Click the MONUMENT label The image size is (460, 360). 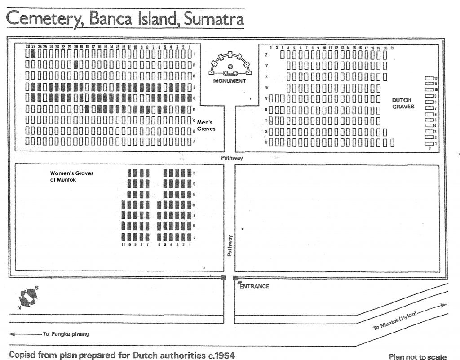click(229, 81)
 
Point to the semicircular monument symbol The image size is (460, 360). click(230, 65)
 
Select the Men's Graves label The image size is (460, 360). click(206, 125)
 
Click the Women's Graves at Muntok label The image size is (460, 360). click(72, 176)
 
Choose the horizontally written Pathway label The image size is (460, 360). click(232, 158)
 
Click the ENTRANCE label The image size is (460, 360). click(254, 286)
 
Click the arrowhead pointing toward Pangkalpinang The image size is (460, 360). click(11, 334)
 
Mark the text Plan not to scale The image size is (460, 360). click(418, 356)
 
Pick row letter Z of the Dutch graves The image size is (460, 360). click(268, 54)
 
